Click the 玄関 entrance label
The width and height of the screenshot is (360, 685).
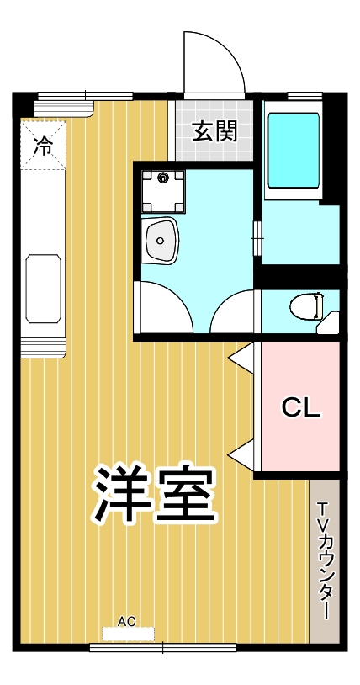(x=214, y=131)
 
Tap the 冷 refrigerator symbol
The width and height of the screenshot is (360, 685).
(x=43, y=145)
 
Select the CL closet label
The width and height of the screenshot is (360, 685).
(x=300, y=409)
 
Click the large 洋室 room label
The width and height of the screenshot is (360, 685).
(x=154, y=494)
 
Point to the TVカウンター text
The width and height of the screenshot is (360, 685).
(x=325, y=560)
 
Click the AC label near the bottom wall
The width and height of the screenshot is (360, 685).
(x=126, y=622)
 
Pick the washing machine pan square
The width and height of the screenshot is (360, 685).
(x=163, y=191)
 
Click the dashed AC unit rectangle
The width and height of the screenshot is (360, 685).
(x=127, y=634)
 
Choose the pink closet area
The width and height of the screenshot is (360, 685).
(x=299, y=438)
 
